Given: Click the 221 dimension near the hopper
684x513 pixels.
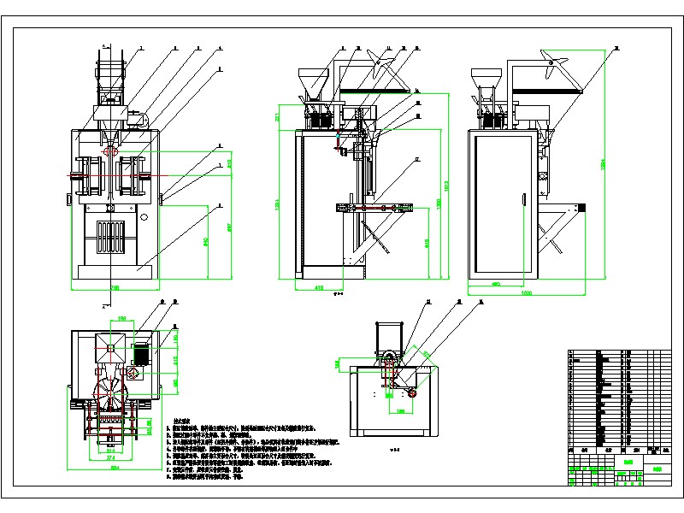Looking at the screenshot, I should (x=278, y=116).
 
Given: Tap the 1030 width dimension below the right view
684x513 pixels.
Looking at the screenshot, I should (x=526, y=293).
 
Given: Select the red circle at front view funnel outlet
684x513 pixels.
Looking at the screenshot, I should (x=111, y=150).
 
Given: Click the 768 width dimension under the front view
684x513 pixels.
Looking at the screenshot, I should (x=112, y=289).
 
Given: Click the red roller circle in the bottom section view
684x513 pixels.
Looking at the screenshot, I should (x=412, y=392).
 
